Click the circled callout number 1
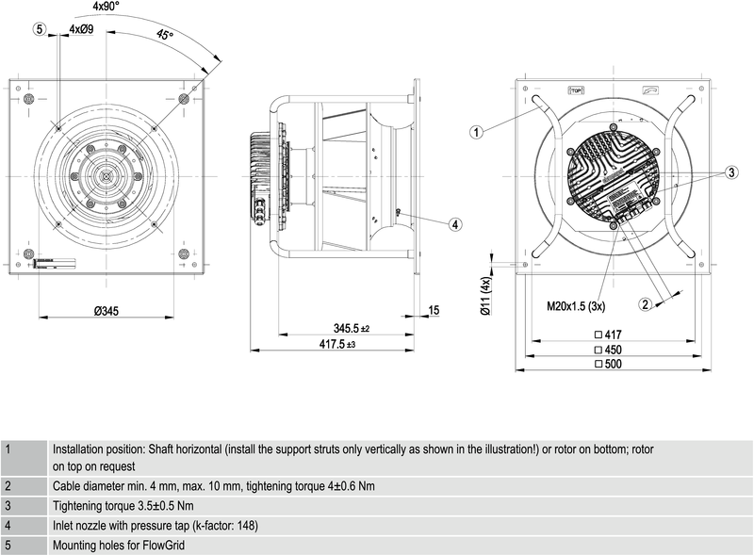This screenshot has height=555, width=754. tap(478, 132)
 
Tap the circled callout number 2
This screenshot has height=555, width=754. tap(646, 303)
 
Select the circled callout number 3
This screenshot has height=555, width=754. tap(730, 173)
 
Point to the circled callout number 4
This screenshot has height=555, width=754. tap(455, 224)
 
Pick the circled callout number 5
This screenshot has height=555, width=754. tap(41, 29)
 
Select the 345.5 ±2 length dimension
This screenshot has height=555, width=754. tap(352, 328)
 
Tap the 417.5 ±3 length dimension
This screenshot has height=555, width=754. tap(338, 346)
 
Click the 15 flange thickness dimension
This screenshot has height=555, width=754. tap(434, 310)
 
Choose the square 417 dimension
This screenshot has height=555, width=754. tap(608, 335)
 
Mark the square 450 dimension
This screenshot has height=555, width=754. tap(608, 350)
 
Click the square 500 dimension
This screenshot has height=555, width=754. tap(608, 364)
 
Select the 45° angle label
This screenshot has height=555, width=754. tap(164, 36)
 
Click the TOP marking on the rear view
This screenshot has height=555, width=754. tap(576, 90)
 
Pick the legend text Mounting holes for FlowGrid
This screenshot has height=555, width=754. tap(118, 545)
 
